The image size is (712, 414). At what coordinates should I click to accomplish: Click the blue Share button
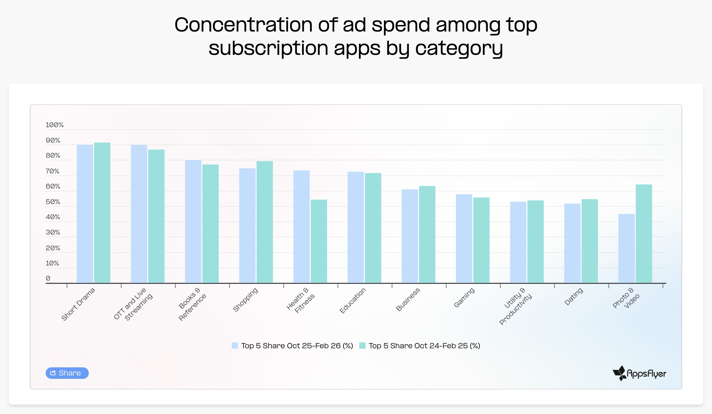coord(67,373)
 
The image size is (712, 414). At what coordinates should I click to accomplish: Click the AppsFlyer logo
coord(639,373)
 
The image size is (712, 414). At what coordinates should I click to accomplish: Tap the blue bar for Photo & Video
coord(626,248)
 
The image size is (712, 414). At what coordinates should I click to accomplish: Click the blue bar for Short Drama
coord(85,214)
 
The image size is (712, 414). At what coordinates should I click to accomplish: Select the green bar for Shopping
coord(265,222)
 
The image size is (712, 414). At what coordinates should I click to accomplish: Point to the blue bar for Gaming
coord(464,238)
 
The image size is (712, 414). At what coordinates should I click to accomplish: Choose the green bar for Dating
coord(590,241)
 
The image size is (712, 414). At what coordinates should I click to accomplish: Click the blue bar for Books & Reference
coord(193,221)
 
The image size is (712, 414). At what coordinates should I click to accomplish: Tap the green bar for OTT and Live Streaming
coord(156,216)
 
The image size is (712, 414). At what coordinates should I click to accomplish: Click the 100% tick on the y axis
coord(55,125)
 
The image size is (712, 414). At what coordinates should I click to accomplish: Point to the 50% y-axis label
coord(53,202)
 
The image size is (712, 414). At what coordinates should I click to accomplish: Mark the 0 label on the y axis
coord(48,278)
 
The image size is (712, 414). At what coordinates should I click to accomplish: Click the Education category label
coord(352,301)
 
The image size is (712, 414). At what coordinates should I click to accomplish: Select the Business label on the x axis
coord(408,299)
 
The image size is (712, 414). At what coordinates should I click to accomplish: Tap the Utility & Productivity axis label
coord(515,306)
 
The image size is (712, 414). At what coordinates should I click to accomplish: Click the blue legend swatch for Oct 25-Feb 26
coord(235,346)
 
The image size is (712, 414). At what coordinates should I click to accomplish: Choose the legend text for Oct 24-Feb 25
coord(424,346)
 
